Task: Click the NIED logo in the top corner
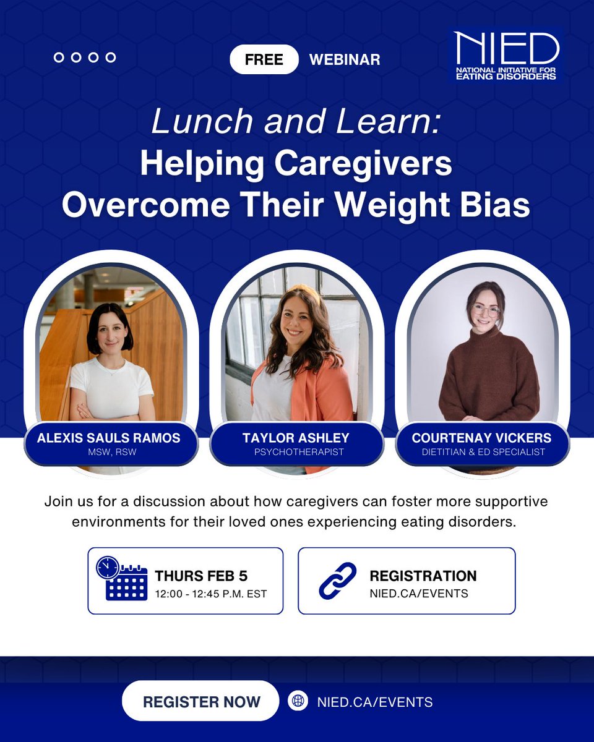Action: [x=506, y=56]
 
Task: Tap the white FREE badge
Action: [x=264, y=59]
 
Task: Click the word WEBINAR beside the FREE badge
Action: [x=345, y=59]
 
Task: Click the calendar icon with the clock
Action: [x=122, y=578]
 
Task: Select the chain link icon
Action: [x=338, y=581]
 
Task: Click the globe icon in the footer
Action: [x=298, y=701]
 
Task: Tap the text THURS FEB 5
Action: [x=201, y=576]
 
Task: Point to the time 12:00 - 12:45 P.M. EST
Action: [x=211, y=594]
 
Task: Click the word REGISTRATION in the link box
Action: [x=423, y=576]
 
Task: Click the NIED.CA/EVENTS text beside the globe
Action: [x=374, y=702]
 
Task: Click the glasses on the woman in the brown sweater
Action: [x=486, y=310]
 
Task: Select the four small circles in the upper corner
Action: [x=85, y=58]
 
